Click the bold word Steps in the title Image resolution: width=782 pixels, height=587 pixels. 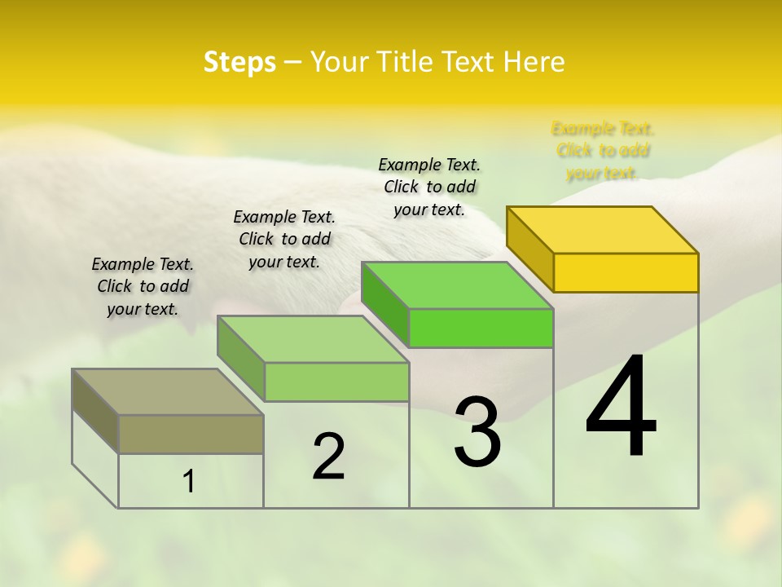tap(239, 62)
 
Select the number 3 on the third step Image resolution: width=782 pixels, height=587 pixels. tap(477, 432)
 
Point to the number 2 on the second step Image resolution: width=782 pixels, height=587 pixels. tap(328, 457)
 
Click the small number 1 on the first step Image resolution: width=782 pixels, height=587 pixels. tap(189, 482)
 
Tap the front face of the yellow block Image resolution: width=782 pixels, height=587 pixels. tap(626, 272)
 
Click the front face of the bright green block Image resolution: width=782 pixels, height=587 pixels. tap(481, 328)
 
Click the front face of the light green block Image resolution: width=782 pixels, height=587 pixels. tap(336, 382)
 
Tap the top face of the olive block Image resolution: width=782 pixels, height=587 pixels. tap(167, 392)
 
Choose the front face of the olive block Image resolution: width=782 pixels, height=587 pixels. tap(191, 434)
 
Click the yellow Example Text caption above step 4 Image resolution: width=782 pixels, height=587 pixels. tap(603, 151)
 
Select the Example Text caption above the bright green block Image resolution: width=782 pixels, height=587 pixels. tap(429, 187)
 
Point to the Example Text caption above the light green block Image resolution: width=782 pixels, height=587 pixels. tap(284, 239)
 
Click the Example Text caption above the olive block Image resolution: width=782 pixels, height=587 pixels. tap(143, 286)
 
